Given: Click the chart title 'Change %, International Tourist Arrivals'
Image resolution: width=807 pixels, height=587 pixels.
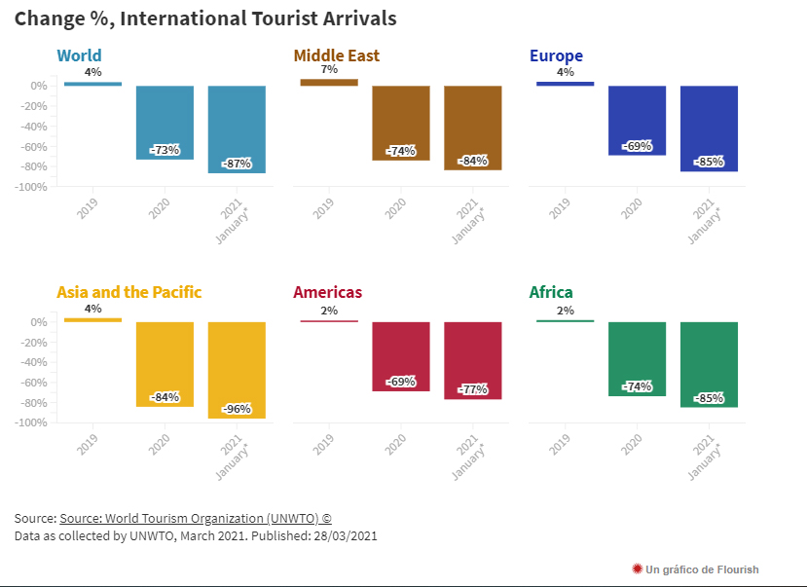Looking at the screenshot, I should coord(205,18).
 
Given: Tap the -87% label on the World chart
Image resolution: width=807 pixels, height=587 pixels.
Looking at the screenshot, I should coord(237,164).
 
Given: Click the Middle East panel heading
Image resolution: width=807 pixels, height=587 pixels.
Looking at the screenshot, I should coord(337,55).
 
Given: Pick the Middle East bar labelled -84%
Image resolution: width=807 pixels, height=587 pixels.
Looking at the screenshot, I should coord(473,127).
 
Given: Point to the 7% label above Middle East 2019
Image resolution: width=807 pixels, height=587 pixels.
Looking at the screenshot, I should coord(329,70).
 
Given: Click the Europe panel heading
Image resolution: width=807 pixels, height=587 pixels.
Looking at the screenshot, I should coord(556,55).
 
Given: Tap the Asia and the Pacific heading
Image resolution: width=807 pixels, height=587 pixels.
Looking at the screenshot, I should coord(129,292).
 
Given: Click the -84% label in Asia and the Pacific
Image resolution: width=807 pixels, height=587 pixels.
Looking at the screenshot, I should coord(165,397).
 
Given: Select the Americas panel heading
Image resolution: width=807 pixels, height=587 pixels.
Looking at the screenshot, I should coord(327,292).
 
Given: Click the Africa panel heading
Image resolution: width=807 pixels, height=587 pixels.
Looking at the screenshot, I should coord(551,292).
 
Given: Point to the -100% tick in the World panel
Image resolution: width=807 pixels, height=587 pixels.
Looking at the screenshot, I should coord(31,187).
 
